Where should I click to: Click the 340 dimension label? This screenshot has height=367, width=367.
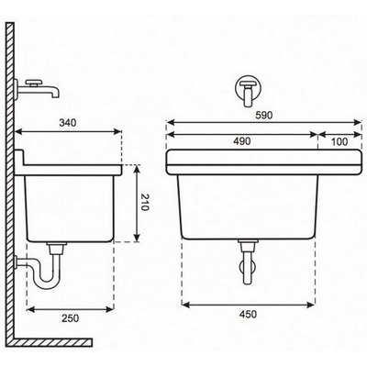tap(68, 123)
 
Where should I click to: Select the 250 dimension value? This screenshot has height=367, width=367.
tap(71, 318)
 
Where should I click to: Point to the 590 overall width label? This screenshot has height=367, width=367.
tap(264, 116)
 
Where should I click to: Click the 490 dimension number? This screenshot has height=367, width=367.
tap(242, 141)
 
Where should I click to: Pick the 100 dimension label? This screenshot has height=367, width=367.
tap(339, 141)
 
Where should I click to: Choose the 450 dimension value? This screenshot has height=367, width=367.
tap(248, 314)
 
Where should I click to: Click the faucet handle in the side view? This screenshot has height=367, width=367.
tap(33, 83)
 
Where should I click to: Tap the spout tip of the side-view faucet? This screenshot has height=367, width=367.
tap(55, 95)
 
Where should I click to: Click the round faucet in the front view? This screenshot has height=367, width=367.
tap(248, 88)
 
